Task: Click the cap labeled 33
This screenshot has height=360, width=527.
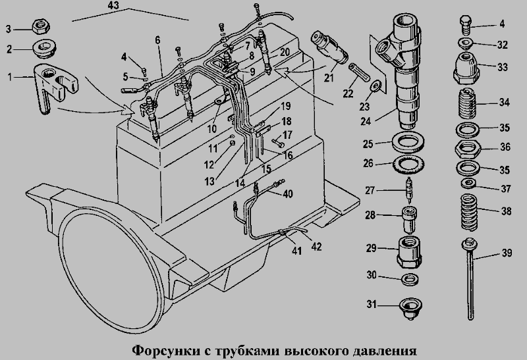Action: pyautogui.click(x=466, y=68)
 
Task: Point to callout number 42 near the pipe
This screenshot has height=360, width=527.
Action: pyautogui.click(x=317, y=247)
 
